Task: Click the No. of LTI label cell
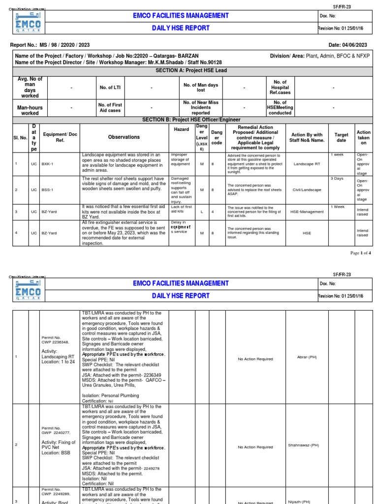[110, 88]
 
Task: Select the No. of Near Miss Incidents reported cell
[200, 107]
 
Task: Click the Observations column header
[124, 137]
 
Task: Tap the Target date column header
[341, 137]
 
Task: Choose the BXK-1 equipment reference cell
[47, 163]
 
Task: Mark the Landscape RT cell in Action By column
[307, 163]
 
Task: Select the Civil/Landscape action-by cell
[307, 189]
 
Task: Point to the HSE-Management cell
[307, 212]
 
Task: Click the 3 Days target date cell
[337, 178]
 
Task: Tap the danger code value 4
[213, 212]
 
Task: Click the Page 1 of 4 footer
[360, 252]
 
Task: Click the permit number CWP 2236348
[55, 342]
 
